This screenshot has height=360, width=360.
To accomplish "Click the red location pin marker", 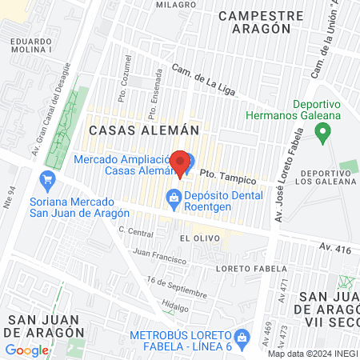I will coord(181,162).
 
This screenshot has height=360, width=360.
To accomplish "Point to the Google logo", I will coord(27,350).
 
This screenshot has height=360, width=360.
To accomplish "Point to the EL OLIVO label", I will coord(195,238).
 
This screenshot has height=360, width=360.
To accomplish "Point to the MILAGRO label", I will coord(176,4).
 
